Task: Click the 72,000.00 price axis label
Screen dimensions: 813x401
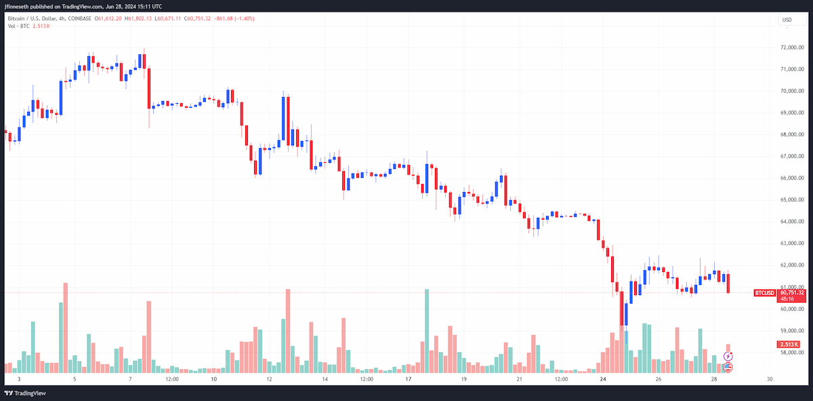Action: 792,47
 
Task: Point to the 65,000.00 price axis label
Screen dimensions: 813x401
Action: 792,199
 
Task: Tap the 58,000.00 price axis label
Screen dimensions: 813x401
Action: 792,352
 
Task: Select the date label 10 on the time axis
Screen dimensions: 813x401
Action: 214,379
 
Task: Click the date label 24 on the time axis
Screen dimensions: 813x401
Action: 603,379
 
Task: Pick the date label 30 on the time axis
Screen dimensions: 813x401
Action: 770,379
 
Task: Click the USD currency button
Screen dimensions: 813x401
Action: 791,20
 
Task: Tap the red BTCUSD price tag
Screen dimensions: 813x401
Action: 764,293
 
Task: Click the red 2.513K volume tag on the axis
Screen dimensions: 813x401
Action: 789,344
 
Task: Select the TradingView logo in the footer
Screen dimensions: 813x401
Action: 25,394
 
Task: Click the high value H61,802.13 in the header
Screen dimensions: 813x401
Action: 138,18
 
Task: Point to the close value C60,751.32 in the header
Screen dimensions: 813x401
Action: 197,18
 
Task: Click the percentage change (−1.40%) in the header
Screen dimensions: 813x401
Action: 245,18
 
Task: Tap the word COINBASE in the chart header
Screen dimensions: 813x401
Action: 79,18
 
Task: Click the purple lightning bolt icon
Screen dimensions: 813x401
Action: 728,356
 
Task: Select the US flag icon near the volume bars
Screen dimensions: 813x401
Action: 728,367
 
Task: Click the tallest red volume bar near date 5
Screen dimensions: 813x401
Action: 66,328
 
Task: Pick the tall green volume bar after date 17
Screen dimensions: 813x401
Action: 427,331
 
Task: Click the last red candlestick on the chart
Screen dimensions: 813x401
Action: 728,283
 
